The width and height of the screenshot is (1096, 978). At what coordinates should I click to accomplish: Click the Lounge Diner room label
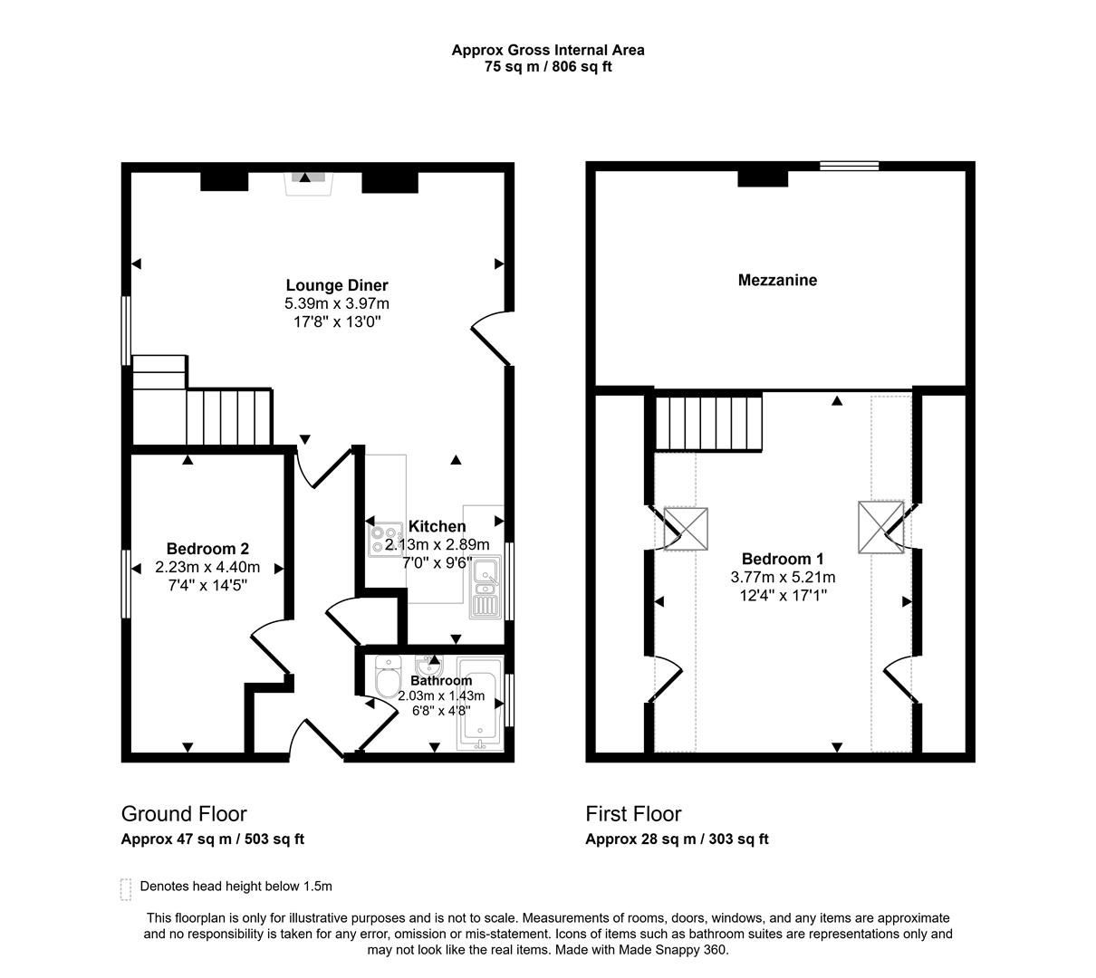[337, 286]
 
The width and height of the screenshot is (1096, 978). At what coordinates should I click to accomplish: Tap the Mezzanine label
[777, 281]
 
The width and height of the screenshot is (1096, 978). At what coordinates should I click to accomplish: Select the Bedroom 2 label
[207, 549]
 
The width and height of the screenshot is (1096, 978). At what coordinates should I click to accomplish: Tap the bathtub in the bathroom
[480, 703]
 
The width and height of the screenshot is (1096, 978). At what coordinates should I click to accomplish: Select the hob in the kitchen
[387, 538]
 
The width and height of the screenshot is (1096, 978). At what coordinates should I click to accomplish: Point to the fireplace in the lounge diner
[309, 182]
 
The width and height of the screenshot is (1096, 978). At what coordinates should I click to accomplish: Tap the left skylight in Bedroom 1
[686, 530]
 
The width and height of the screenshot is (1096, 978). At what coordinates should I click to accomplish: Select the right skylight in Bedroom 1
[880, 526]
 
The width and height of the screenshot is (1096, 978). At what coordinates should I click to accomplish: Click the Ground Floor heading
[184, 813]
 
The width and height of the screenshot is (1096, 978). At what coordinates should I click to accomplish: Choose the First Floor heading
[633, 813]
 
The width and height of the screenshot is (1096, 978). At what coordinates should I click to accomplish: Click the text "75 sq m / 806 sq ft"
[548, 66]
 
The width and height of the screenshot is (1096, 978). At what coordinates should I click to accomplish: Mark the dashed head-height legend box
[125, 888]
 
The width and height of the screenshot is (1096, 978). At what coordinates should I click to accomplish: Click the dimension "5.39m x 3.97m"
[337, 304]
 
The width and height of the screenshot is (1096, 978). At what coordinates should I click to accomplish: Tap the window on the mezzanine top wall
[851, 166]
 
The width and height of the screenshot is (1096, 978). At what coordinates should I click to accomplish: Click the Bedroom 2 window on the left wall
[127, 584]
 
